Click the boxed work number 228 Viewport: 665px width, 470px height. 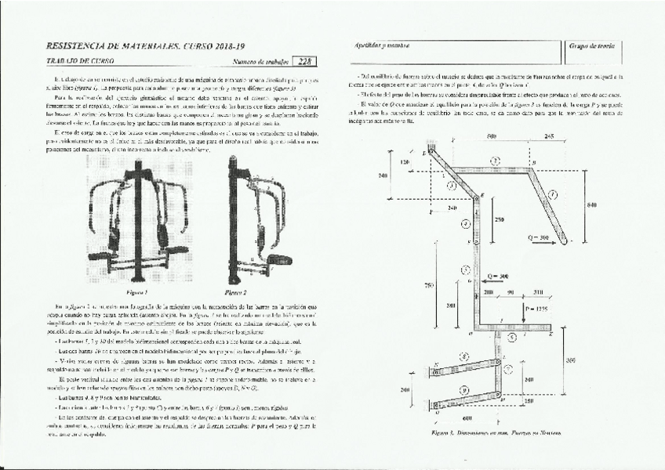click(x=306, y=60)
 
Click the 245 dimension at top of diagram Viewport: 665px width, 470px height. click(x=549, y=137)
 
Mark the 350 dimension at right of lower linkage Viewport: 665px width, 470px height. click(x=571, y=360)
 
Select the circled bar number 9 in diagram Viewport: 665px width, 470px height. click(x=464, y=389)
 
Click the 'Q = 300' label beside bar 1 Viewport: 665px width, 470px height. click(x=540, y=237)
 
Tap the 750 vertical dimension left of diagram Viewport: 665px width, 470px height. click(x=429, y=285)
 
